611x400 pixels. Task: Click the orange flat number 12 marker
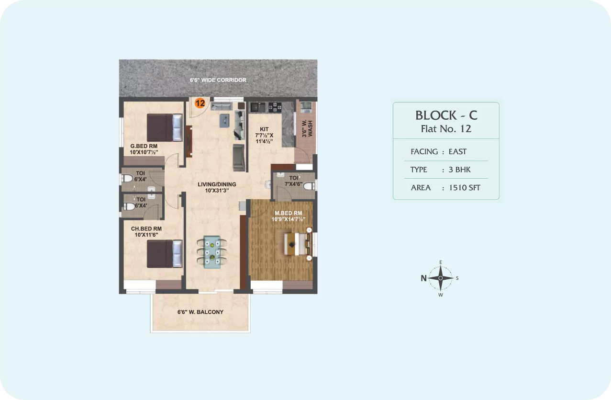click(200, 103)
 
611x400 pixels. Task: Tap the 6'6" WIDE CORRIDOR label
click(218, 80)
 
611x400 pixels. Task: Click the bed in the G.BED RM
click(165, 127)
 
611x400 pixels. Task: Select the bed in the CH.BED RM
click(165, 253)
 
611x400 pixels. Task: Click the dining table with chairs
click(212, 252)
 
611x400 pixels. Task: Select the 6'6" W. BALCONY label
click(200, 312)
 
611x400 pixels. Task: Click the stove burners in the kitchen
click(275, 107)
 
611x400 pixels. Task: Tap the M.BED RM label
click(288, 213)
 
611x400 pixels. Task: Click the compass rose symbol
click(440, 278)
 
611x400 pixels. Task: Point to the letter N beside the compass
click(423, 278)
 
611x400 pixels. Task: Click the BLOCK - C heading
click(446, 115)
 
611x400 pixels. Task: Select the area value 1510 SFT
click(465, 188)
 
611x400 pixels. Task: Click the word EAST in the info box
click(457, 151)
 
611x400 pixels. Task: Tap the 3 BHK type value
click(460, 170)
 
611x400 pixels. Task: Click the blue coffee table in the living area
click(224, 121)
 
